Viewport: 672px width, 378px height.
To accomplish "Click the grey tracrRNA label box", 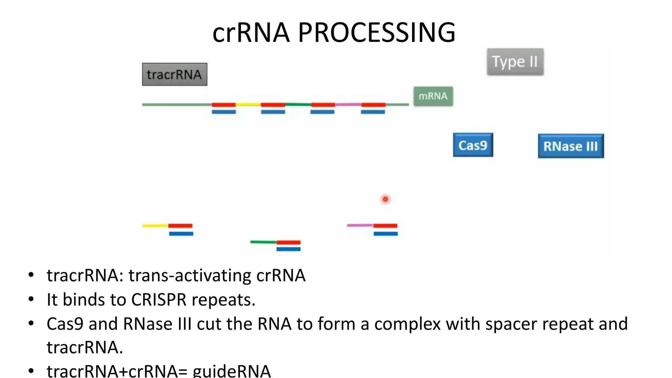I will click(x=175, y=74).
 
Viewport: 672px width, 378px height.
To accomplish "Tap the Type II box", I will click(x=515, y=62).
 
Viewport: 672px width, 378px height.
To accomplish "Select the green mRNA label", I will click(x=433, y=96).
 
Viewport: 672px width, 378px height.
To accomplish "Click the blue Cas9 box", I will click(x=473, y=145).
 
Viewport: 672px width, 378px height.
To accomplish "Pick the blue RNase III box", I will click(x=571, y=146).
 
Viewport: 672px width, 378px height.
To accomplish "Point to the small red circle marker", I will click(x=385, y=199).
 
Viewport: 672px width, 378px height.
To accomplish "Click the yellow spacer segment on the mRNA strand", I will click(x=248, y=105).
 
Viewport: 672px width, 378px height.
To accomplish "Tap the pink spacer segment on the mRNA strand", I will click(x=348, y=105).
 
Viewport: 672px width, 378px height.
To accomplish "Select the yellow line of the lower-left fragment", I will click(x=155, y=226).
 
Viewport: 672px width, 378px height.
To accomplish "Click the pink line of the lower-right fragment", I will click(x=360, y=225).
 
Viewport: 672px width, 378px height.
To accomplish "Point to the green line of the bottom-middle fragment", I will click(x=263, y=242).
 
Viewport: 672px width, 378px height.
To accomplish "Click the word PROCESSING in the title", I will click(x=376, y=32).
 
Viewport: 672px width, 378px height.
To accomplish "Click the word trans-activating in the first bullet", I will click(x=190, y=275).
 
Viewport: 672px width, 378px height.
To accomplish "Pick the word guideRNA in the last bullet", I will click(x=232, y=371).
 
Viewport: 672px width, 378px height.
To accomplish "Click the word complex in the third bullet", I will click(x=407, y=324).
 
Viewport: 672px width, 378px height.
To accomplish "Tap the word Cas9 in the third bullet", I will click(x=65, y=324).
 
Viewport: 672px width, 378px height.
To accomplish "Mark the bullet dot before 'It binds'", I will click(x=31, y=299).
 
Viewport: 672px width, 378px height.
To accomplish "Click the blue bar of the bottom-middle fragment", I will click(x=288, y=249).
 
